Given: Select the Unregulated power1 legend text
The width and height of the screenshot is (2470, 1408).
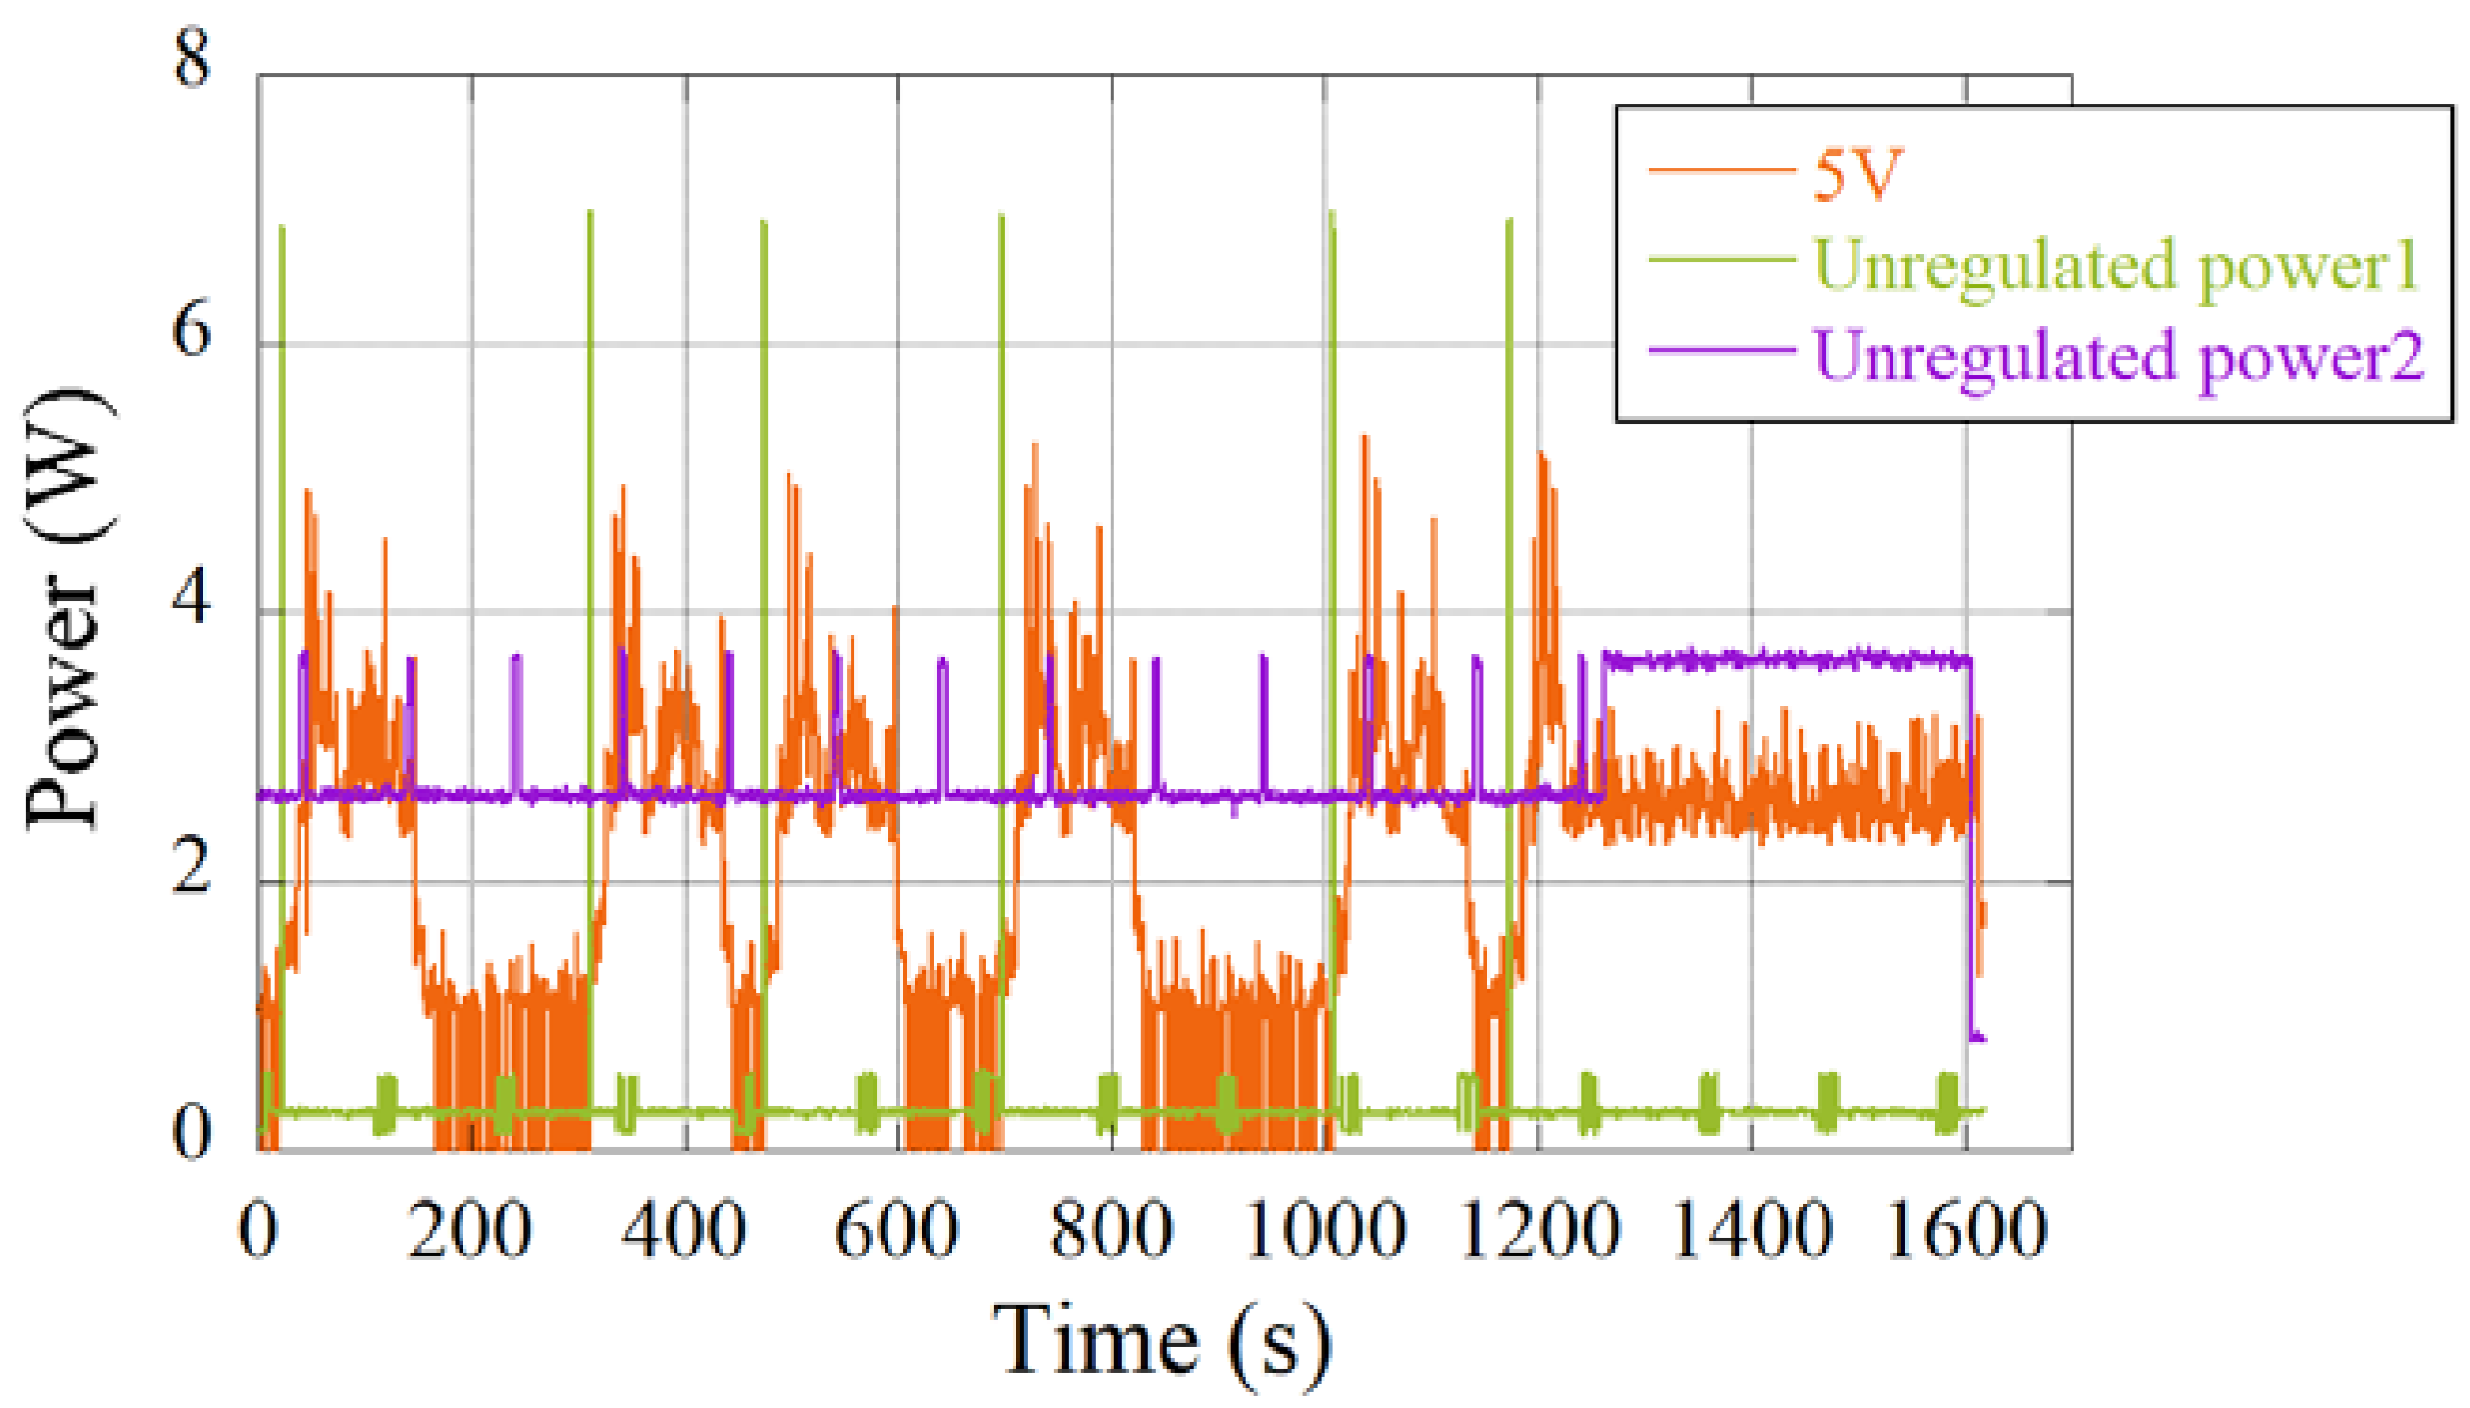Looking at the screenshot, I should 2115,265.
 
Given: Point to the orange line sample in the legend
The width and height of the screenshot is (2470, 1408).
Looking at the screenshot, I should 1721,171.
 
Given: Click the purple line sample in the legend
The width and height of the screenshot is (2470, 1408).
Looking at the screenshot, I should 1721,349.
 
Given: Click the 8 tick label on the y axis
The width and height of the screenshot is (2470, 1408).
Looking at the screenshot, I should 191,58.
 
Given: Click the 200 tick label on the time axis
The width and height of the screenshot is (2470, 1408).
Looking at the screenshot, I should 470,1230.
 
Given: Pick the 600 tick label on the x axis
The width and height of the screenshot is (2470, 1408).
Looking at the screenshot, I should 897,1230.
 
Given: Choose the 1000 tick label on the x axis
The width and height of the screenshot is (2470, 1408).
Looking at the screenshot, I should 1324,1230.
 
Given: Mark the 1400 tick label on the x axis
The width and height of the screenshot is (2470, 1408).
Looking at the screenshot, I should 1752,1230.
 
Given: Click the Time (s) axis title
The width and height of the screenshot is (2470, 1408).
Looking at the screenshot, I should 1161,1342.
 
